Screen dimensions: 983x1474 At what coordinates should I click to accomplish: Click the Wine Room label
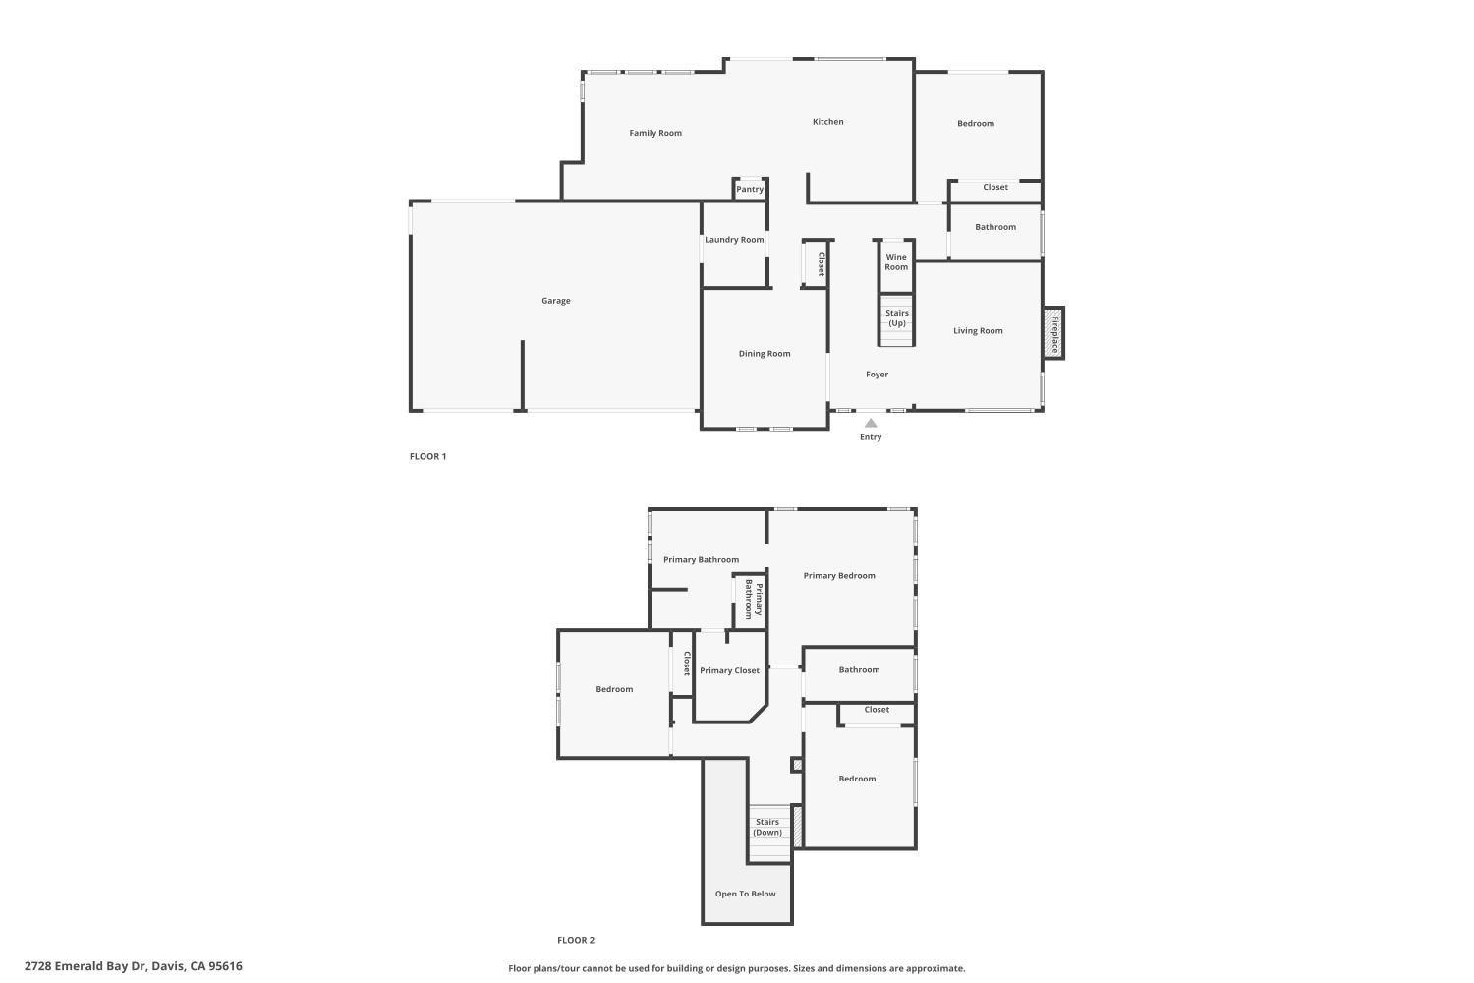point(896,261)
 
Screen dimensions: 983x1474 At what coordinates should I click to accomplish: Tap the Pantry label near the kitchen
point(750,189)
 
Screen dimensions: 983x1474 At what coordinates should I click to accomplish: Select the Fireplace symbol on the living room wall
point(1053,333)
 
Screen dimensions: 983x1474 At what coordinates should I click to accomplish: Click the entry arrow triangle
point(871,423)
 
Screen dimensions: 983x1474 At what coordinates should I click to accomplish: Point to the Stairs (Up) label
point(896,318)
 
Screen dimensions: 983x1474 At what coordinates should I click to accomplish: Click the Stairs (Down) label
point(767,827)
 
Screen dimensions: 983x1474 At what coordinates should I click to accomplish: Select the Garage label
point(556,301)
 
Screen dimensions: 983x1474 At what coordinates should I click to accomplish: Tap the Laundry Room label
point(734,240)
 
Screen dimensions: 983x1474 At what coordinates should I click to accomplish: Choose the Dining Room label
point(765,354)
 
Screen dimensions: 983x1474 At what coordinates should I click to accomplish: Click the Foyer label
point(877,375)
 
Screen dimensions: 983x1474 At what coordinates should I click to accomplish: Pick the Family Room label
point(655,133)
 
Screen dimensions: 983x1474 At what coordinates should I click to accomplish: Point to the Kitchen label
point(827,122)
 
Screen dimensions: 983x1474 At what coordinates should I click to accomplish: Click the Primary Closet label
point(729,670)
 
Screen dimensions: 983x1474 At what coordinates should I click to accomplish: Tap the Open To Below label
point(745,894)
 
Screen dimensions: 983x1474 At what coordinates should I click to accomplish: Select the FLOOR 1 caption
point(427,456)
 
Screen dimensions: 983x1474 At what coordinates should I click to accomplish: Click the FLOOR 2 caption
point(576,940)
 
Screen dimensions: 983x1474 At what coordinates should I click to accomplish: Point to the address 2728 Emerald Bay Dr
point(134,966)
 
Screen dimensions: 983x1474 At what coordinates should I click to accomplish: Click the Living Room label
point(978,331)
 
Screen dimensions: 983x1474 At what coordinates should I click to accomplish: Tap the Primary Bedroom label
point(839,576)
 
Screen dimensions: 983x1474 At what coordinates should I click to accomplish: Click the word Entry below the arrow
point(871,437)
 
